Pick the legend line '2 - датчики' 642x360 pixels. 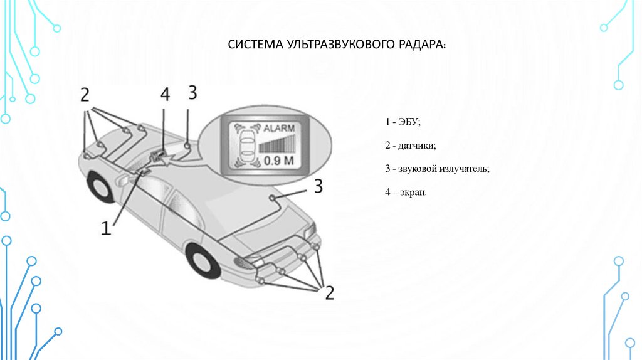click(x=410, y=146)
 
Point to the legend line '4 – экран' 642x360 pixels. click(x=406, y=193)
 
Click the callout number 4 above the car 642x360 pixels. click(x=165, y=95)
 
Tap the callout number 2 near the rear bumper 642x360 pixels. click(x=329, y=292)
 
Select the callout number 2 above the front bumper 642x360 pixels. click(x=85, y=95)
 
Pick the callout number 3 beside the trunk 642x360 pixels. click(x=318, y=185)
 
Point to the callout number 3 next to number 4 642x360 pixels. click(x=192, y=93)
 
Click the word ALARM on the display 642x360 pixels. click(x=278, y=127)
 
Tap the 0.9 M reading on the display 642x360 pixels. click(x=278, y=161)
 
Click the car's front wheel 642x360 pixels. click(x=101, y=186)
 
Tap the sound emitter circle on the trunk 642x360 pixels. click(x=273, y=198)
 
